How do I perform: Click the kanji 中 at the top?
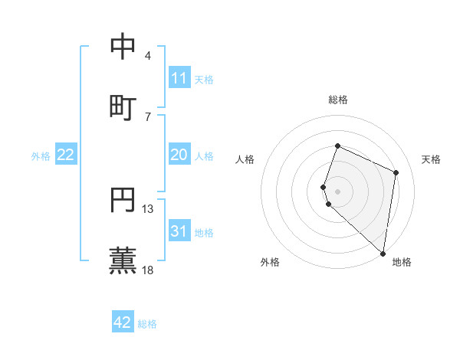point(123,46)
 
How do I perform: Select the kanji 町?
point(123,106)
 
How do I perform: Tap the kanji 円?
point(123,199)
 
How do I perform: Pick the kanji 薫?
point(123,260)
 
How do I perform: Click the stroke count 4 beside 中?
point(148,55)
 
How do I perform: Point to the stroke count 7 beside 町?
point(148,116)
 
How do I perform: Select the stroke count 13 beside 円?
point(148,208)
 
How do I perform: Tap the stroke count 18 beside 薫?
point(148,270)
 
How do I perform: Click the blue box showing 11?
point(179,78)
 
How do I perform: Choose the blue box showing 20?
point(179,155)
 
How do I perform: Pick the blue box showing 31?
point(179,231)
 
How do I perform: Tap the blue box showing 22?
point(66,155)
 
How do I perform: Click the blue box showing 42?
point(123,322)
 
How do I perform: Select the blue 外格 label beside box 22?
point(41,156)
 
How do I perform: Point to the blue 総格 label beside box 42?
point(147,324)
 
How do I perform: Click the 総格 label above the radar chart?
point(338,100)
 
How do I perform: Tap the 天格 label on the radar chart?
point(431,159)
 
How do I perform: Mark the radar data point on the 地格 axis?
point(383,254)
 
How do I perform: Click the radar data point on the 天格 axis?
point(396,172)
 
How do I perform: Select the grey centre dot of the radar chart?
point(338,191)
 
